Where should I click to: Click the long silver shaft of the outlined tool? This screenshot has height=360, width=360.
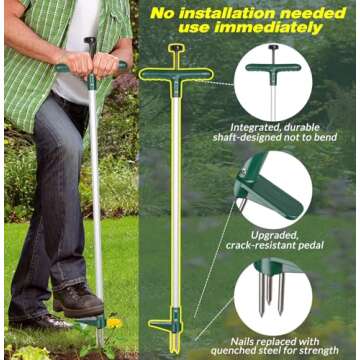[176, 200]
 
